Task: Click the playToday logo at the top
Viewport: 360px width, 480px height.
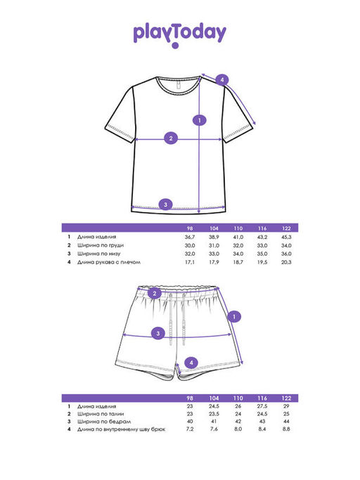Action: click(179, 35)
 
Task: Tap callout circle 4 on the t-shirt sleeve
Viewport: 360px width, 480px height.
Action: click(222, 80)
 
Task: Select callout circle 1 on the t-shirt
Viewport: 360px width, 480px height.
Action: click(200, 120)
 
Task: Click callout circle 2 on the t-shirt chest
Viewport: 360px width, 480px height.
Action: click(171, 138)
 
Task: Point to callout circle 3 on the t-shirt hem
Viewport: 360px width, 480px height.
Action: click(165, 205)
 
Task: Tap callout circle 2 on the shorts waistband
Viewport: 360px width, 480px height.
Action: click(155, 294)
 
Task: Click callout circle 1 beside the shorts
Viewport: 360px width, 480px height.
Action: click(234, 316)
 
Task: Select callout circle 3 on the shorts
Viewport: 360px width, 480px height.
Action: click(158, 333)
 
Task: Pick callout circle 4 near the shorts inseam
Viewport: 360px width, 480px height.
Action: click(191, 363)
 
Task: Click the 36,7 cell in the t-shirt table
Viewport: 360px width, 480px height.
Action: click(190, 237)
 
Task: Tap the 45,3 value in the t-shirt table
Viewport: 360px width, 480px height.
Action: click(286, 237)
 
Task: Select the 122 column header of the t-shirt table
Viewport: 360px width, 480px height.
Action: click(286, 228)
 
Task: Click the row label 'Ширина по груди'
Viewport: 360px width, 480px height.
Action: click(100, 245)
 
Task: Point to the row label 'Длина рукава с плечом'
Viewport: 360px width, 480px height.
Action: click(109, 262)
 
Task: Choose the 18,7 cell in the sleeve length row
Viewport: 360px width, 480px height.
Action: click(238, 262)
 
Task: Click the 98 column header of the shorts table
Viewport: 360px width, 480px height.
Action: click(190, 398)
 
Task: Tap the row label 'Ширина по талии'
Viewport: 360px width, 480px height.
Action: click(101, 414)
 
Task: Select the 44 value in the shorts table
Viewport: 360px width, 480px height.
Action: click(286, 422)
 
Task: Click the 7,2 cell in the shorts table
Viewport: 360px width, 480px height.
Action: click(190, 429)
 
